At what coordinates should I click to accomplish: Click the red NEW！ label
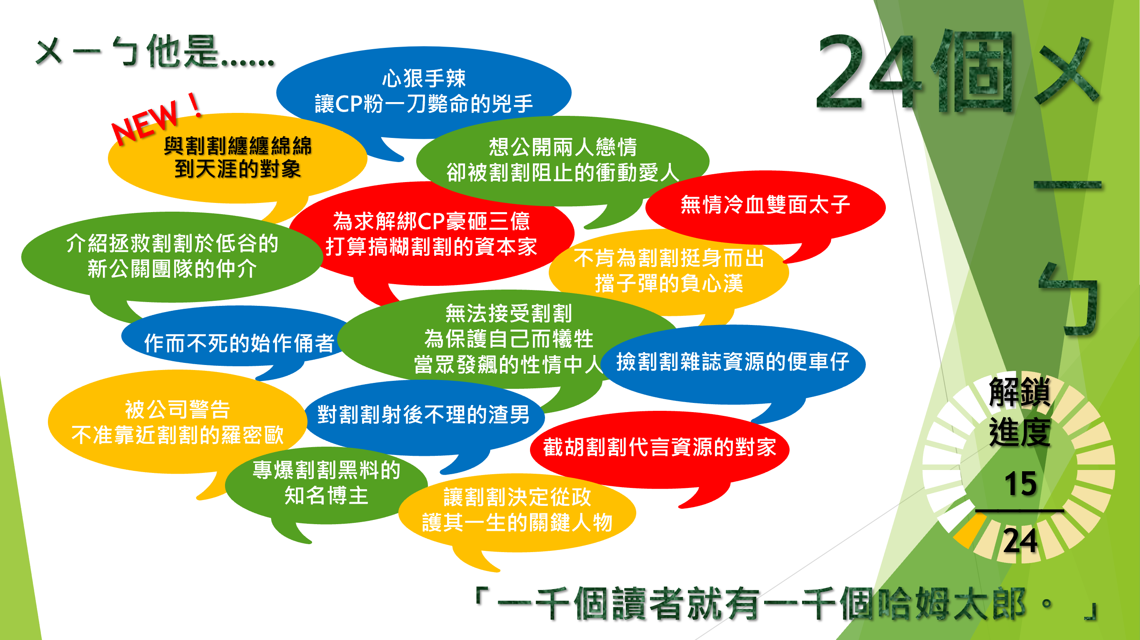[156, 119]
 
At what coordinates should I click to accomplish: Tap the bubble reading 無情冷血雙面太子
[765, 207]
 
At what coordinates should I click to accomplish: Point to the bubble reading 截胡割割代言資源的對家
[660, 449]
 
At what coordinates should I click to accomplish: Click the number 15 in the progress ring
[1020, 483]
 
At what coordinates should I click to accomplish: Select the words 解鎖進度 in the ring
[1020, 412]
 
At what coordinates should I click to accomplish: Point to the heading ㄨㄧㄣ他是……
[155, 52]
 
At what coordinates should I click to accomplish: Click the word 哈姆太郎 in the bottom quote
[952, 604]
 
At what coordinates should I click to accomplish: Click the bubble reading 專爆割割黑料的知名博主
[326, 485]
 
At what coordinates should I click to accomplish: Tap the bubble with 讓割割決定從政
[517, 512]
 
